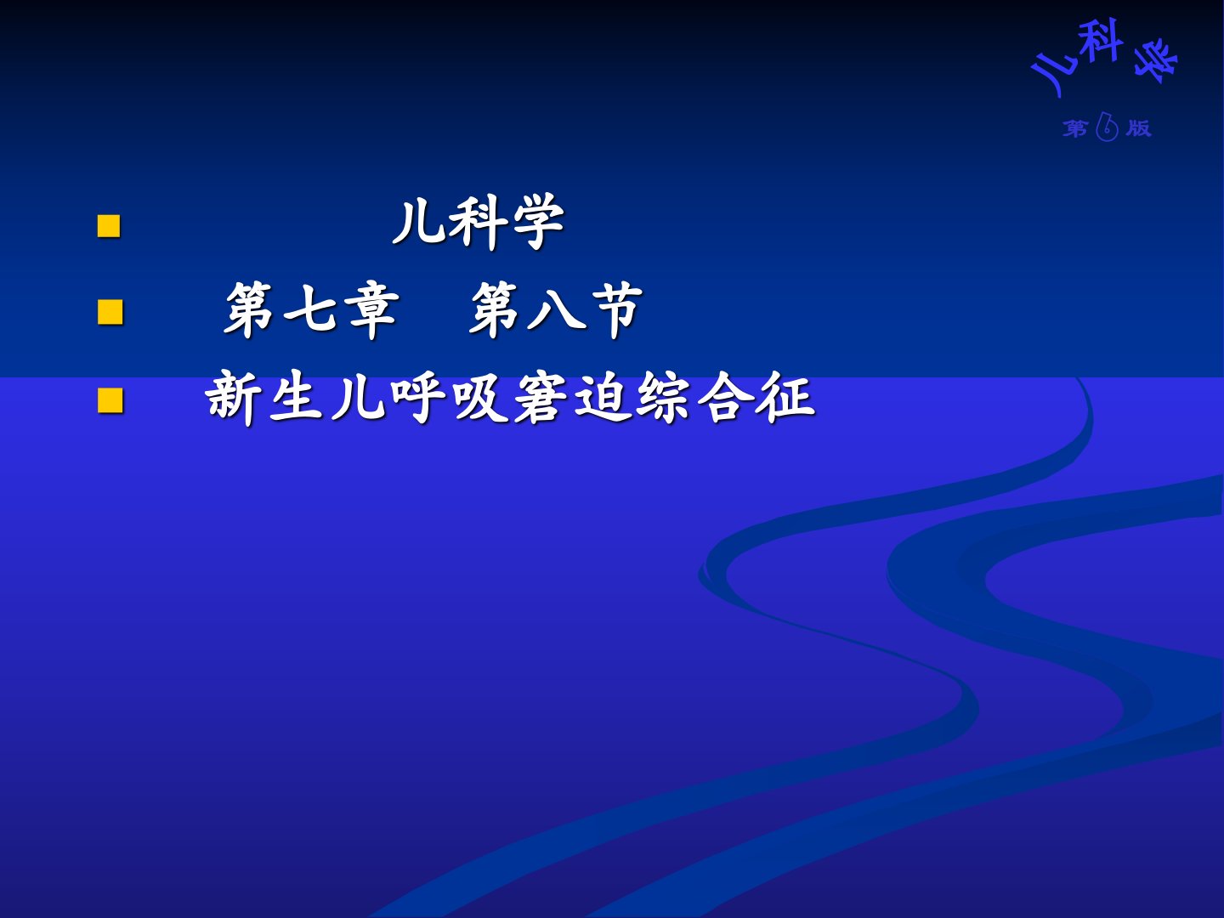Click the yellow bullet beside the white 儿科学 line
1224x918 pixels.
pos(109,226)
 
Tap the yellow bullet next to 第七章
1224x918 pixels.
pos(110,312)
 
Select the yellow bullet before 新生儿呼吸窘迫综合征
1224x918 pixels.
pos(110,400)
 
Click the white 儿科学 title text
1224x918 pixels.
pos(479,222)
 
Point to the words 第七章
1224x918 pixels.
pos(311,310)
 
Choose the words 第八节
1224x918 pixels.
pos(556,310)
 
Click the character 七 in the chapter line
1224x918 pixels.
pos(310,310)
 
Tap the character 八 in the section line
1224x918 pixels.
pos(556,311)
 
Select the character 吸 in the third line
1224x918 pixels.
pos(479,398)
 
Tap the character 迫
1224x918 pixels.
pos(601,398)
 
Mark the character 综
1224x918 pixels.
pos(662,398)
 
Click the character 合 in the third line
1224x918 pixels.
pos(724,398)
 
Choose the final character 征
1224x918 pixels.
pos(785,398)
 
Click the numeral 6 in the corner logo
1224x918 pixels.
pos(1107,127)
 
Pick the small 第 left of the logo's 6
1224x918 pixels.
pos(1075,128)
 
